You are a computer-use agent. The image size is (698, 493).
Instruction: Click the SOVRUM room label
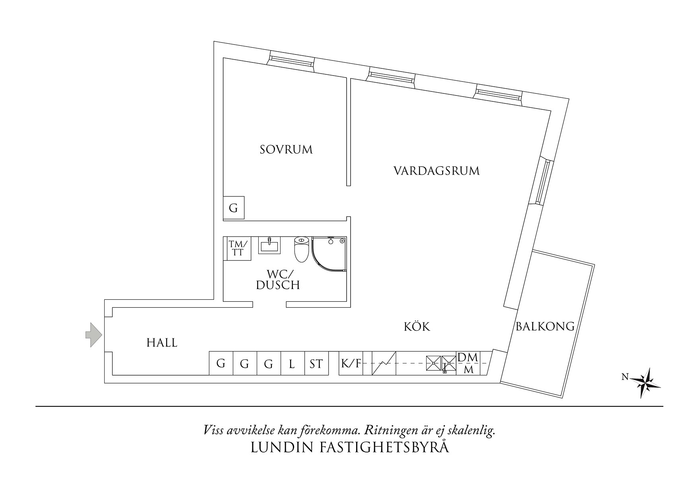[286, 150]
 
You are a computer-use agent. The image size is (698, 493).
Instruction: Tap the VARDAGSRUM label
[437, 171]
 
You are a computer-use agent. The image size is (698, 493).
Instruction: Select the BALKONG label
[545, 327]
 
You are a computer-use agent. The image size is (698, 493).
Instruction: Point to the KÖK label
[417, 327]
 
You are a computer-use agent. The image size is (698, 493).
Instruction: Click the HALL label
[162, 343]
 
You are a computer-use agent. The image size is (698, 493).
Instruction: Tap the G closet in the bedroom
[234, 208]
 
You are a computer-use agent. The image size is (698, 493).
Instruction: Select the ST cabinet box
[316, 363]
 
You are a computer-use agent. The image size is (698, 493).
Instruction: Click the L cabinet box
[292, 363]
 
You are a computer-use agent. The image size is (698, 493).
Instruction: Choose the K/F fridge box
[350, 363]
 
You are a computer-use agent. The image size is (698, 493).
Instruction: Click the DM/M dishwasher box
[469, 363]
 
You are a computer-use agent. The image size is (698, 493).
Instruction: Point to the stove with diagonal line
[384, 363]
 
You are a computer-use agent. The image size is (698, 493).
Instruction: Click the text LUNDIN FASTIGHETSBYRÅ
[350, 448]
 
